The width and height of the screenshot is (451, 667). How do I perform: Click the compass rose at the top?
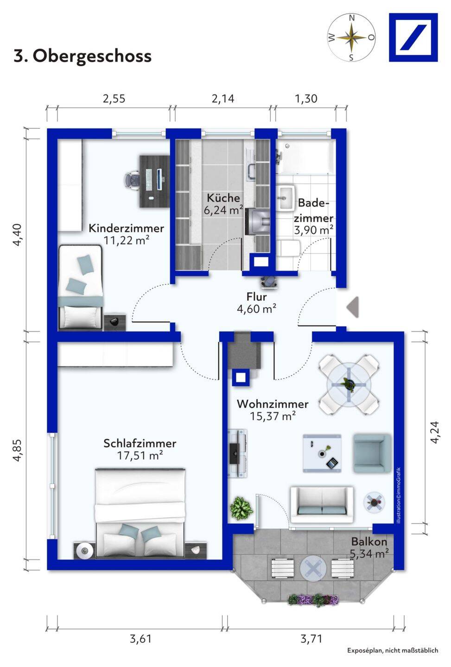(x=351, y=38)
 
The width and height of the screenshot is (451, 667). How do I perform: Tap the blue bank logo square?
(x=413, y=38)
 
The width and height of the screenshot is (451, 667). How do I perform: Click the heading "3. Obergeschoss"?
(x=83, y=56)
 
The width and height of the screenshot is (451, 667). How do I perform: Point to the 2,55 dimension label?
(x=114, y=99)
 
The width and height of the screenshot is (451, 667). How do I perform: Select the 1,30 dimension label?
(x=306, y=99)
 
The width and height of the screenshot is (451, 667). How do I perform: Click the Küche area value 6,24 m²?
(x=223, y=210)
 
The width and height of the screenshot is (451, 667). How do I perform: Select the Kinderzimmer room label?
(x=126, y=228)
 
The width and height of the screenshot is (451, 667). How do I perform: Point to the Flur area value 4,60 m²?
(x=256, y=309)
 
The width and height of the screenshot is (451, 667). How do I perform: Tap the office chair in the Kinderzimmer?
(x=132, y=181)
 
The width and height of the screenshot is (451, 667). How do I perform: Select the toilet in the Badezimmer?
(x=288, y=248)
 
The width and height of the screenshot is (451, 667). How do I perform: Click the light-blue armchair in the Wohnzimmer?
(x=372, y=453)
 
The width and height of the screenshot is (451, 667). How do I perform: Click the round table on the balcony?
(x=313, y=568)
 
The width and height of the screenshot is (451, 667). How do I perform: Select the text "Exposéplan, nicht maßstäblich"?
(x=393, y=659)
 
